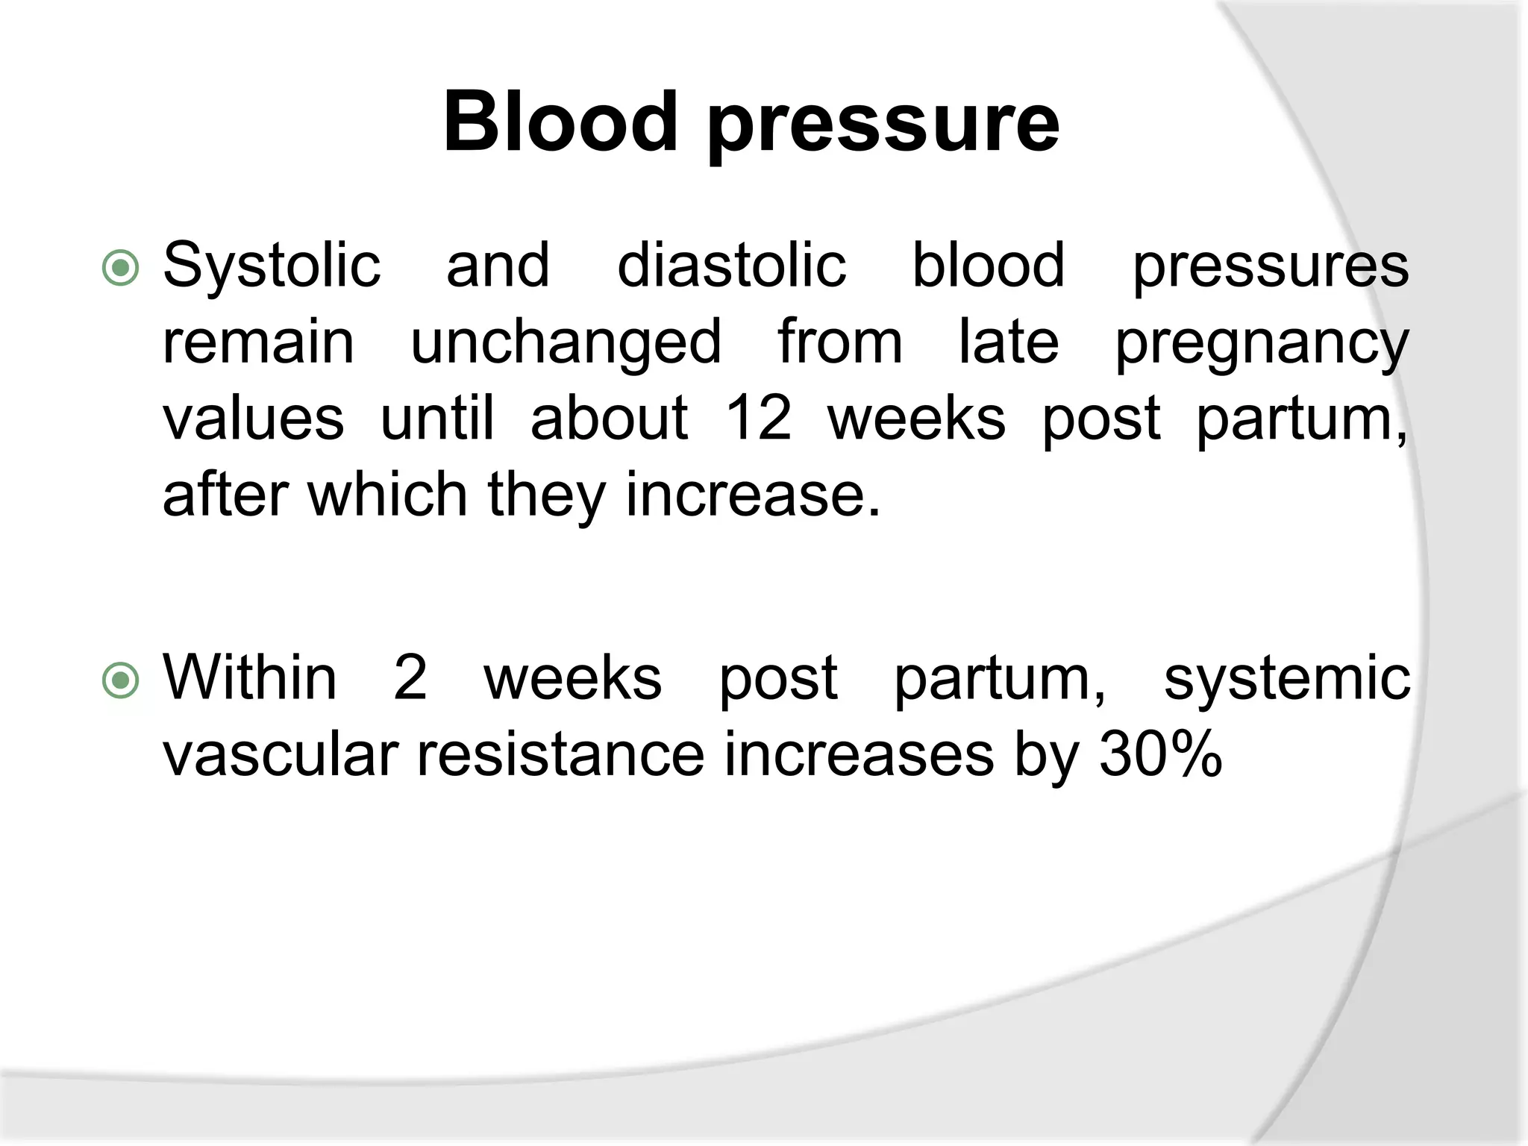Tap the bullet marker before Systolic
120,268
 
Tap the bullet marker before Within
120,680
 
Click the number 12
757,418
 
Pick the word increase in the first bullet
752,495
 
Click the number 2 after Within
410,677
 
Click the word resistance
560,756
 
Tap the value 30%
1160,756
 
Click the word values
254,418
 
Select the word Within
250,677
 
